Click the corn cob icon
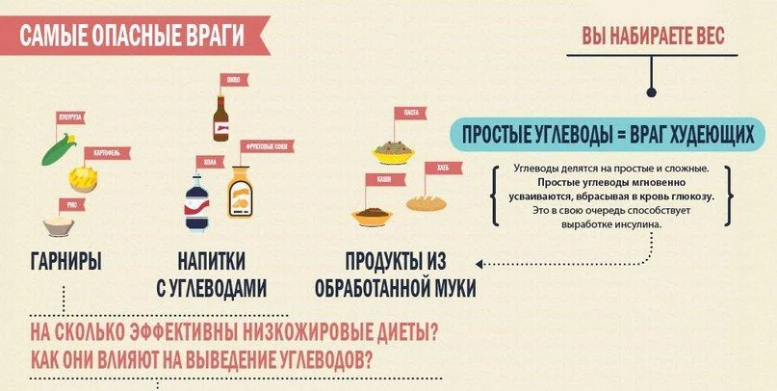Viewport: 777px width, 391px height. coord(56,151)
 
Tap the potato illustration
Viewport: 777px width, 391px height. coord(84,178)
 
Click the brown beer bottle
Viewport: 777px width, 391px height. coord(221,117)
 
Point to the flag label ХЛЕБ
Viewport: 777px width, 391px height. coord(444,168)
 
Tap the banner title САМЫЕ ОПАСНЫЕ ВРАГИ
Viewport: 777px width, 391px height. coord(132,38)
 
